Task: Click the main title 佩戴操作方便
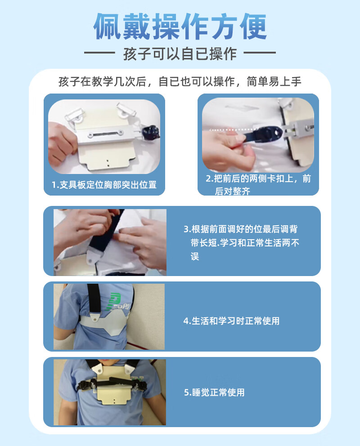tap(180, 26)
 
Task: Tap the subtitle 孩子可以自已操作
tap(180, 54)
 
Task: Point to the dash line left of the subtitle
tap(99, 53)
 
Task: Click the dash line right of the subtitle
tap(260, 53)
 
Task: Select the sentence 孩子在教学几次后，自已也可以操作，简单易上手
tap(180, 82)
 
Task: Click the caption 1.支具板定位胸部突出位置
tap(104, 185)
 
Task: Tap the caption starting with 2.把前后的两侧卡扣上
tap(258, 185)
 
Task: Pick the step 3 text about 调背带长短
tap(241, 243)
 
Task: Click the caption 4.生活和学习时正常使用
tap(231, 321)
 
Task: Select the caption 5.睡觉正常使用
tap(214, 392)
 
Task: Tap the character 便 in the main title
tap(253, 26)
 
